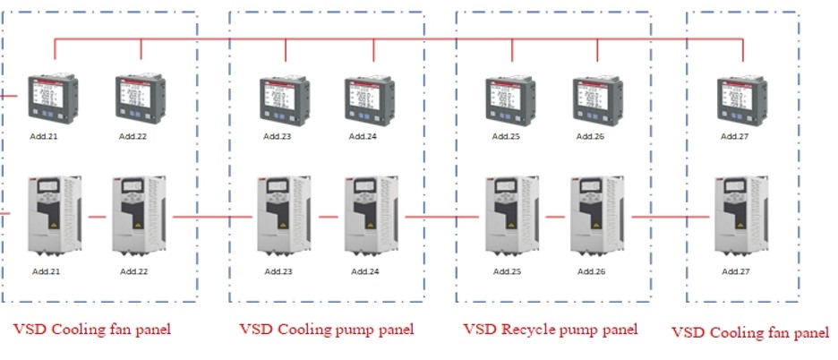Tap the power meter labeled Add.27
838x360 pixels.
(742, 99)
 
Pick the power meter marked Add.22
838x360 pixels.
(141, 99)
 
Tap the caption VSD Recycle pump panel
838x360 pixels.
(550, 330)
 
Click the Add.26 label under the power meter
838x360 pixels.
(590, 136)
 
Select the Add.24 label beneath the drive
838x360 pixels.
(365, 271)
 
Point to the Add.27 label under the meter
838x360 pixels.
(736, 136)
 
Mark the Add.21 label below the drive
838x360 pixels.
(47, 271)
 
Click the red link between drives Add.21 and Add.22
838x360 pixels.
(97, 217)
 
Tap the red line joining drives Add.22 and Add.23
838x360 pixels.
(211, 217)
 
